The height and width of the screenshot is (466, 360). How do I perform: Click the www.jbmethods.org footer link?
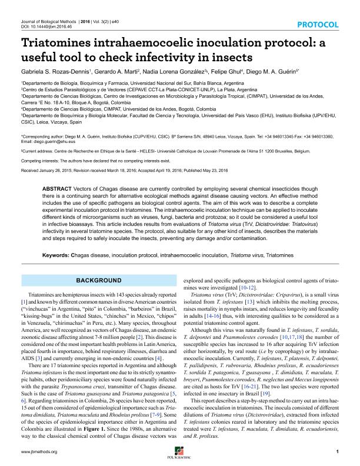tap(39, 451)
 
